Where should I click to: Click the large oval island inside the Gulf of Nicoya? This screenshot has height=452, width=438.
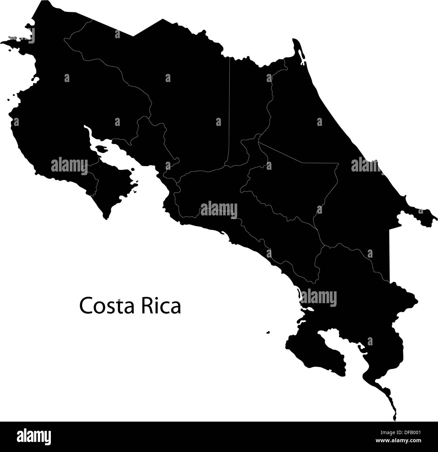(101, 149)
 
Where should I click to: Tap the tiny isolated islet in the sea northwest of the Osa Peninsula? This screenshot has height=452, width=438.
(268, 333)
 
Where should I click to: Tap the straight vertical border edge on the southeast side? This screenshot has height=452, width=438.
(389, 257)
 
